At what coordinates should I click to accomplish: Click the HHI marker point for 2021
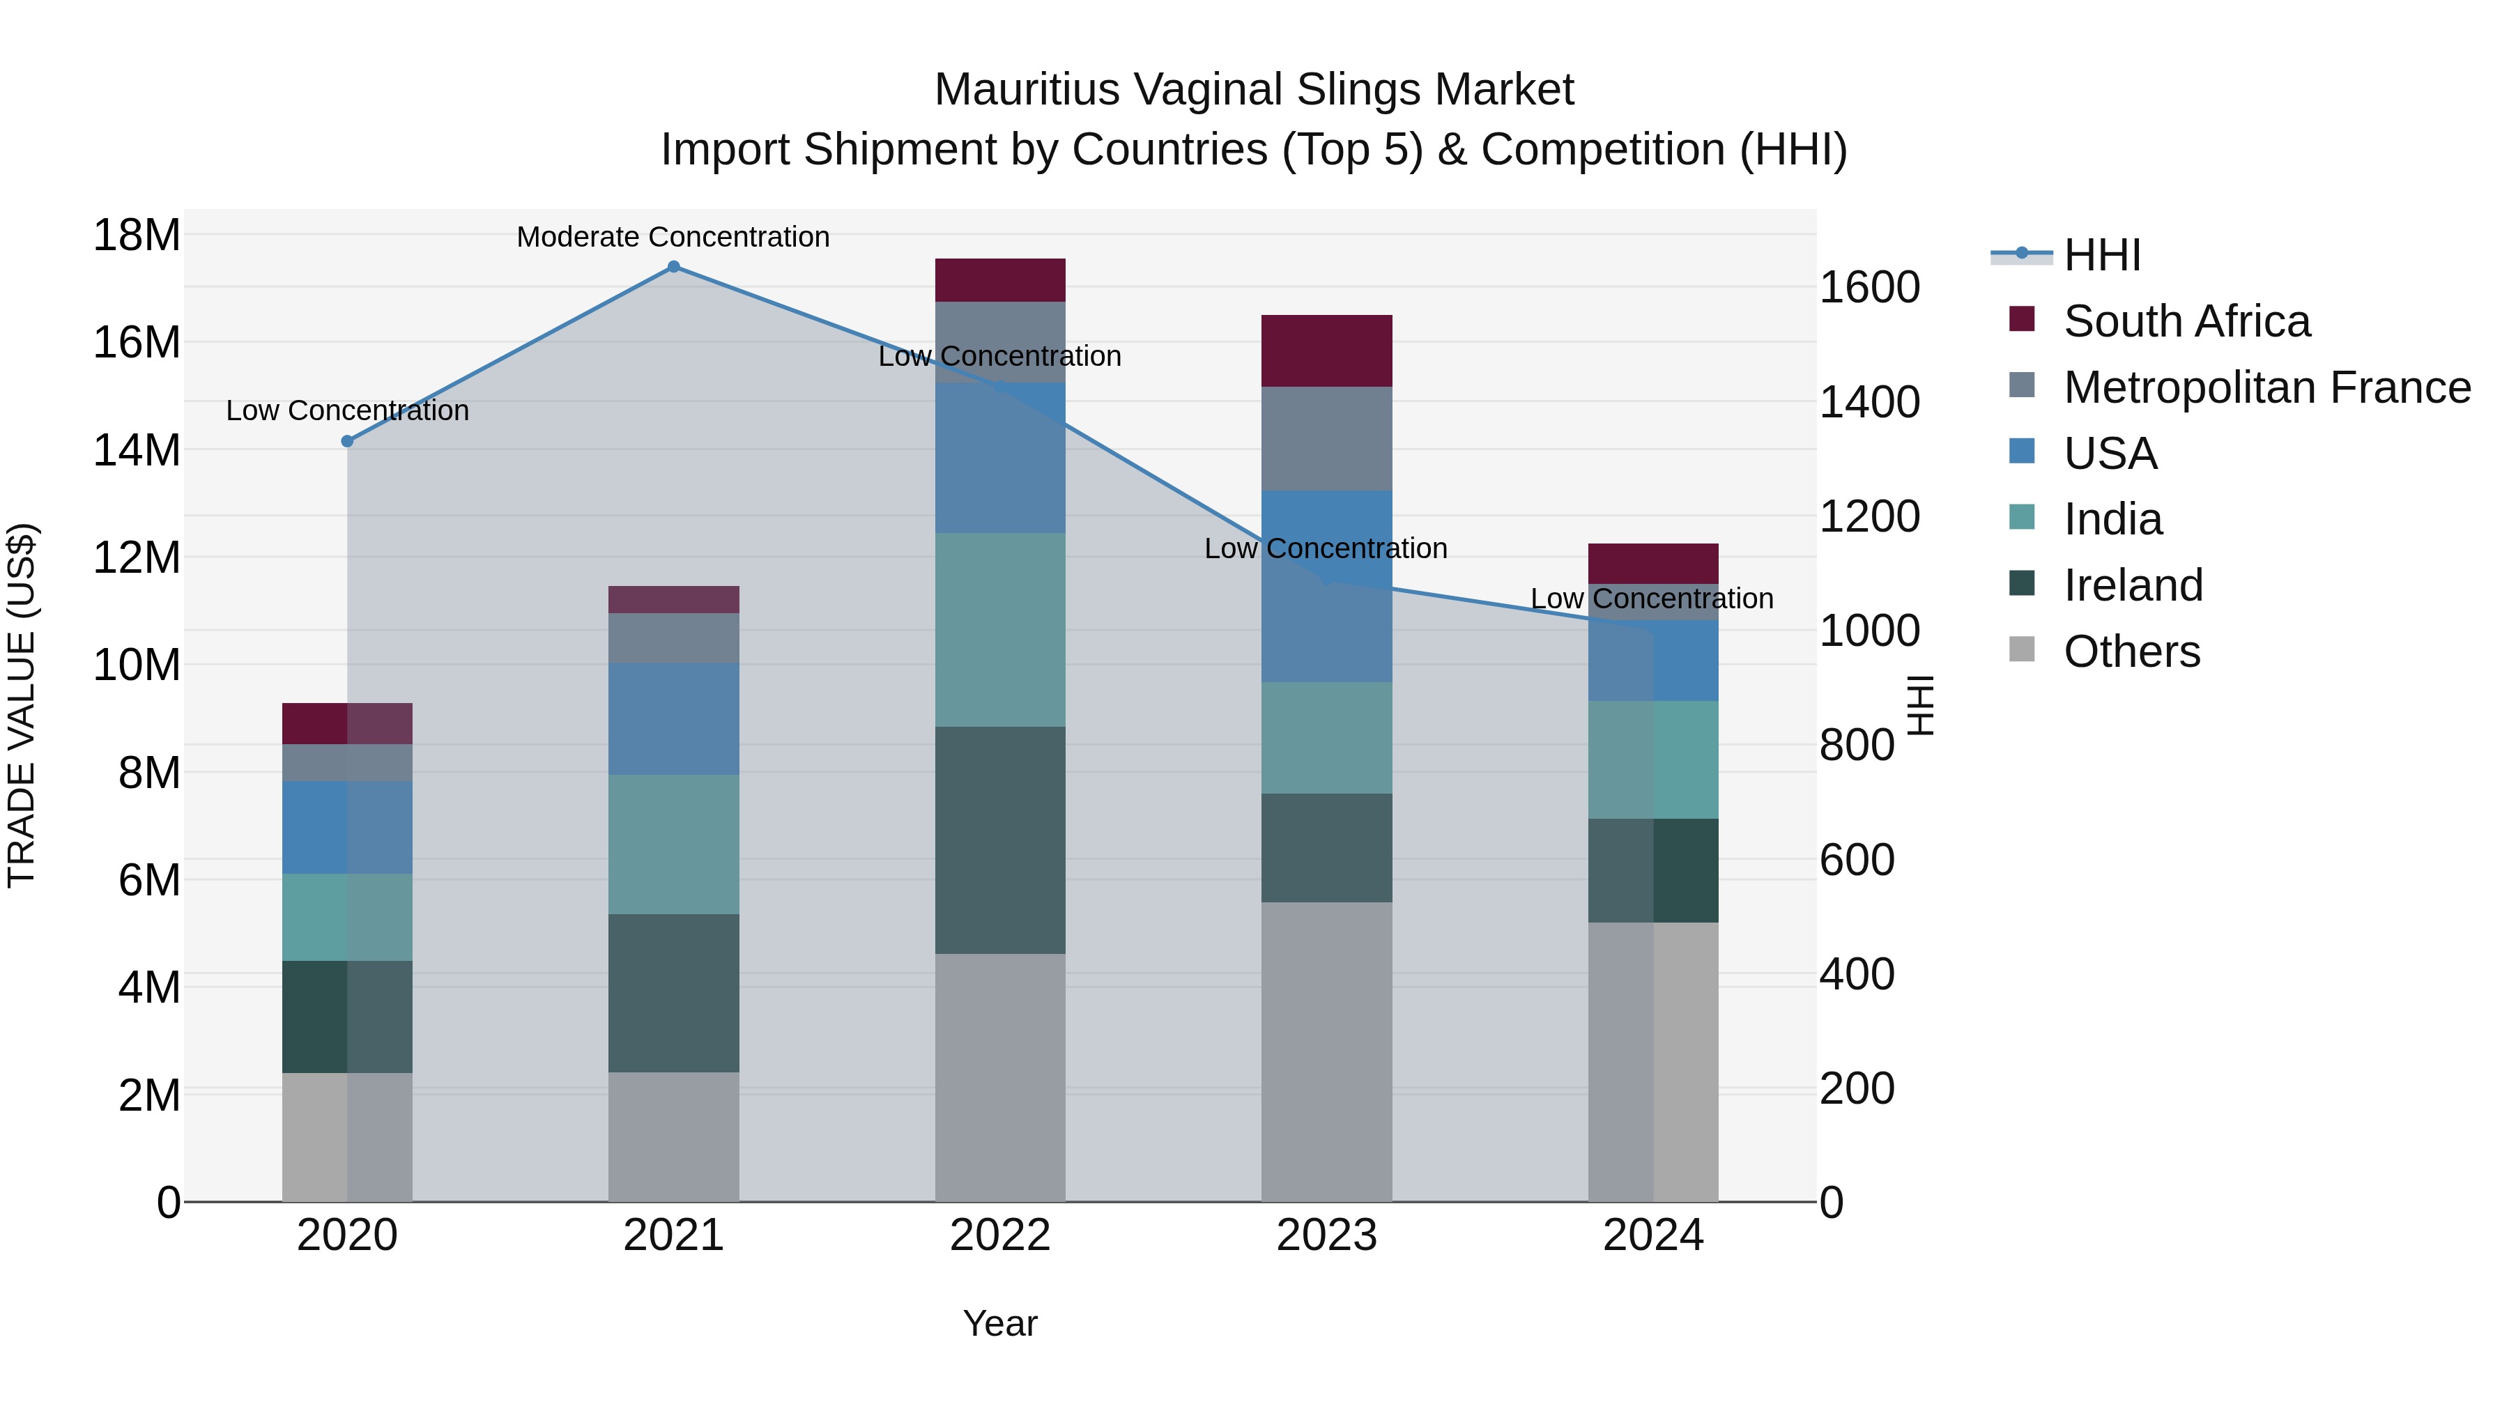click(673, 267)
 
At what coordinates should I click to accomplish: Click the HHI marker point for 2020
click(348, 441)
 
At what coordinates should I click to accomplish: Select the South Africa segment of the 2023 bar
click(1326, 350)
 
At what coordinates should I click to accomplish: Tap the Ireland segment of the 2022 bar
click(1000, 840)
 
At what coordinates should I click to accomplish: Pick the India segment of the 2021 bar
click(673, 845)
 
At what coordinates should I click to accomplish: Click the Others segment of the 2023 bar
click(1326, 1051)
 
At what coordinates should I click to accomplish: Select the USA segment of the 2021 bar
click(673, 718)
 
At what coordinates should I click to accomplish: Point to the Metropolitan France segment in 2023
click(1326, 438)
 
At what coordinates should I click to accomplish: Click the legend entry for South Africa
click(2186, 321)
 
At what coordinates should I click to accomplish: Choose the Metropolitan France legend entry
click(2266, 387)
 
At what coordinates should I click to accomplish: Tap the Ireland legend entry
click(2133, 585)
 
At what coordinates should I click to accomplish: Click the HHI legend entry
click(2102, 255)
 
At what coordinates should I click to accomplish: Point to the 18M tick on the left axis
click(137, 236)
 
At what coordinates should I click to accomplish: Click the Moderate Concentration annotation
click(673, 237)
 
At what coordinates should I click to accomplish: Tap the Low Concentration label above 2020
click(348, 411)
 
